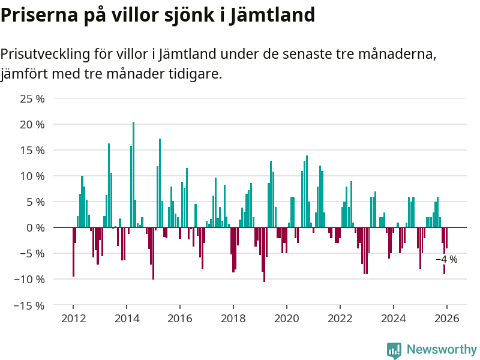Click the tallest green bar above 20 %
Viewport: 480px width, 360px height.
[133, 174]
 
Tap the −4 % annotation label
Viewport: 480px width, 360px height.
[446, 259]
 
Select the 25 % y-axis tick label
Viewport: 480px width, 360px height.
[32, 98]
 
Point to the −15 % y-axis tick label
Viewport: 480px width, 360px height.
[29, 305]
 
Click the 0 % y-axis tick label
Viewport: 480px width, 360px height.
[35, 227]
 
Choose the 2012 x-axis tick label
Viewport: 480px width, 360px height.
[73, 318]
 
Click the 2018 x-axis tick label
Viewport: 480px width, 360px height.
[233, 318]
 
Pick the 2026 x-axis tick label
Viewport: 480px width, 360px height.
[447, 318]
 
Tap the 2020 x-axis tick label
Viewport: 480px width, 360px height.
[287, 318]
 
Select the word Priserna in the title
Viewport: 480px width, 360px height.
[40, 14]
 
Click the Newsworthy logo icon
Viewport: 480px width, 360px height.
[394, 350]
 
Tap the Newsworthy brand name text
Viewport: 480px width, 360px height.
[442, 349]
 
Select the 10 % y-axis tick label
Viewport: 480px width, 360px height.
[32, 176]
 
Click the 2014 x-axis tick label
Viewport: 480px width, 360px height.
[127, 318]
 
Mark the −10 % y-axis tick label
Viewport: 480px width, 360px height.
[29, 279]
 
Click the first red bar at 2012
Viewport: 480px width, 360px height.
[73, 252]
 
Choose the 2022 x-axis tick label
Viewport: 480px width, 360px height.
[340, 318]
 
